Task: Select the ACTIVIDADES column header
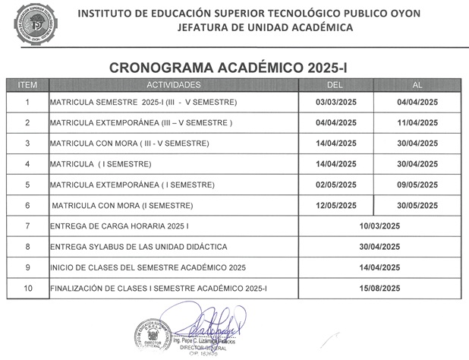pos(174,84)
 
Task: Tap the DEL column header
pos(335,84)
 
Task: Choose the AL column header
pos(417,84)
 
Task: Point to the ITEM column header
pos(27,84)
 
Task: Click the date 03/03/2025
pos(336,103)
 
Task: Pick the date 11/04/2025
pos(418,123)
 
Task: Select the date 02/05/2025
pos(336,185)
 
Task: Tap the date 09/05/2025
pos(418,185)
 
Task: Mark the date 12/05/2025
pos(336,206)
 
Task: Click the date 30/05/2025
pos(418,206)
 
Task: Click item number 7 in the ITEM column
pos(27,226)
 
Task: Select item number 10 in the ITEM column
pos(27,289)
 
